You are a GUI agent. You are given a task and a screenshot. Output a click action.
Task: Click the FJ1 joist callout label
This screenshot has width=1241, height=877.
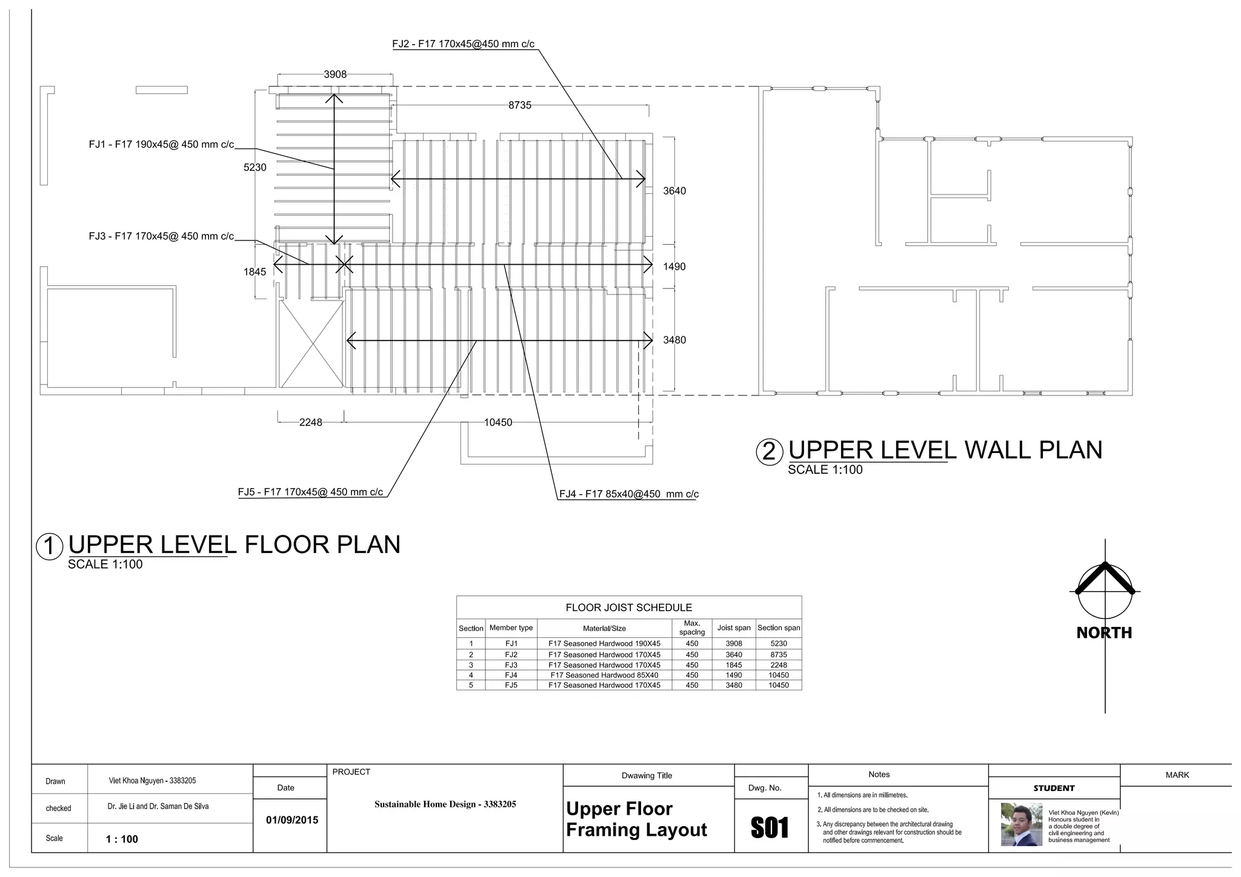coord(161,145)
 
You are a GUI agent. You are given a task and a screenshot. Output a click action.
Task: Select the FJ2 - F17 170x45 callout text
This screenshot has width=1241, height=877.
coord(463,44)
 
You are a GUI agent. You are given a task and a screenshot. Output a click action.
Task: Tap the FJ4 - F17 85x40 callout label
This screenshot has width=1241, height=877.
coord(628,494)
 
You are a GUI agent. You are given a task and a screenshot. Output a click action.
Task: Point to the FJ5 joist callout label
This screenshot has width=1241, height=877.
coord(310,492)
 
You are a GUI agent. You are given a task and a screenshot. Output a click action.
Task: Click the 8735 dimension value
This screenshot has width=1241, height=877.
coord(519,105)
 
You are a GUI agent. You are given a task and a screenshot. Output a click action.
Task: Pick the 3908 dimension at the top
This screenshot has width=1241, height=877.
coord(335,74)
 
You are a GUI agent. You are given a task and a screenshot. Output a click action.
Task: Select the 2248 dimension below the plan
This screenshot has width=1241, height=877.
coord(310,423)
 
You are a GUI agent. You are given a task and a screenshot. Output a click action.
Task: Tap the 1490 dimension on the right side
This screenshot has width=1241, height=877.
coord(674,266)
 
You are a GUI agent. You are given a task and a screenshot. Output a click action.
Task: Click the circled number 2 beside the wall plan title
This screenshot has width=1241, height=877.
coord(769,452)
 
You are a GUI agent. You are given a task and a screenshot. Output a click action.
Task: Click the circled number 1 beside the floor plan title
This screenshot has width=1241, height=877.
coord(50,546)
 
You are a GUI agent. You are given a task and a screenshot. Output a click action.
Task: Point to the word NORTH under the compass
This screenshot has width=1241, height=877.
coord(1104,633)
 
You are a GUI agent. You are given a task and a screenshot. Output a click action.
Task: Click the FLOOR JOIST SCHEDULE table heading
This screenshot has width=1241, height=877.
coord(628,607)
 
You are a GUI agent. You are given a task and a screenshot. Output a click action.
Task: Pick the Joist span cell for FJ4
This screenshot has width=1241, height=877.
coord(733,675)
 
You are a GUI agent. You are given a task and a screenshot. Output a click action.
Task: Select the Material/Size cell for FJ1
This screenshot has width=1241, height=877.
coord(604,644)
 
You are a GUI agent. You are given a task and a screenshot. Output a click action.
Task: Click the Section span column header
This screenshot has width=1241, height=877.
coord(779,628)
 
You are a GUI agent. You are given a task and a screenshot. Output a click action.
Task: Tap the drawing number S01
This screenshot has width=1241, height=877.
coord(770,828)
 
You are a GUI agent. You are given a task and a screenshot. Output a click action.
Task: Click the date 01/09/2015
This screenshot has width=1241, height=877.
coord(292,820)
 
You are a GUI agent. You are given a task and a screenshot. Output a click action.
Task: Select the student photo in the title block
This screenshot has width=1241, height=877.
coord(1021,824)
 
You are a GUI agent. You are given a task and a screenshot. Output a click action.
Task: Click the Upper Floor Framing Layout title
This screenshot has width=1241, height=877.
coord(636,819)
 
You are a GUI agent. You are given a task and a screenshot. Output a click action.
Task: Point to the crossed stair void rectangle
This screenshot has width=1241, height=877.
coord(311,343)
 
